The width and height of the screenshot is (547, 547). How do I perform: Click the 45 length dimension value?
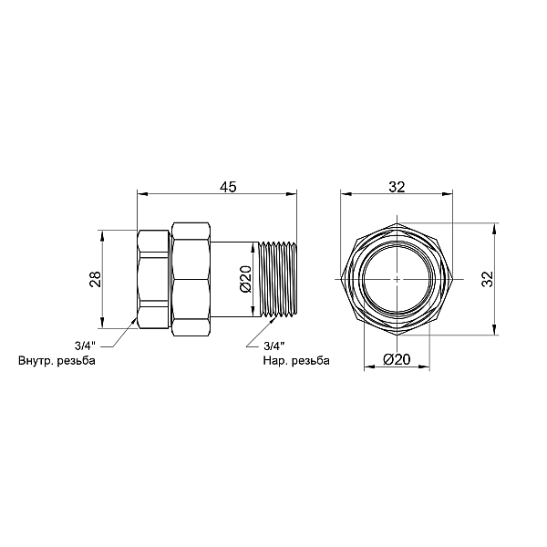tap(228, 187)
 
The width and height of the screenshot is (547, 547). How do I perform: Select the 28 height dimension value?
tap(95, 279)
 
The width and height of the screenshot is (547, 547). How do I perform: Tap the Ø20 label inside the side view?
tap(245, 279)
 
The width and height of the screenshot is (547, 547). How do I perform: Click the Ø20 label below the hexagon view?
tap(397, 359)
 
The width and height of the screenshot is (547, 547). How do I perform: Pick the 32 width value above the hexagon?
tap(397, 187)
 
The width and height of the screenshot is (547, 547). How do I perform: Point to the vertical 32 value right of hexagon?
tap(488, 279)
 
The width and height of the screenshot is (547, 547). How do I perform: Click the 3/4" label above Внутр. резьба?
tap(85, 346)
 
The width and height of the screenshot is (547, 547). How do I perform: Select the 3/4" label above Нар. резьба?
tap(274, 346)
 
